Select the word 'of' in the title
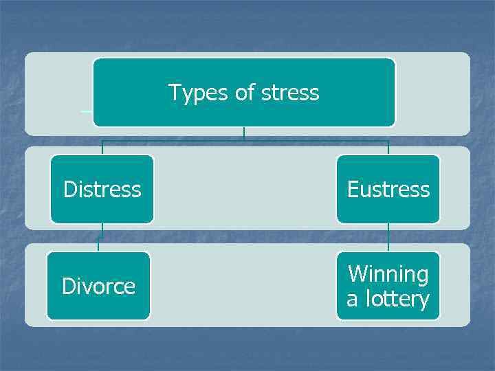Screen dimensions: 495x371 245,93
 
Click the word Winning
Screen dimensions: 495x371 388,274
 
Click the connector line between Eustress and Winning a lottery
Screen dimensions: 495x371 388,237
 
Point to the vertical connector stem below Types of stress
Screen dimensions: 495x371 244,133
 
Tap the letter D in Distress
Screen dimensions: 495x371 69,189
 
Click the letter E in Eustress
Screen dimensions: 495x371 353,189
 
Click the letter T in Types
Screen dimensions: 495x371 174,93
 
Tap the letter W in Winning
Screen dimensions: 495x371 358,274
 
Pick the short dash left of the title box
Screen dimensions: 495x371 87,110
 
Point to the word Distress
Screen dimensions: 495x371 102,189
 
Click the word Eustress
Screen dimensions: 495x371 388,189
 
